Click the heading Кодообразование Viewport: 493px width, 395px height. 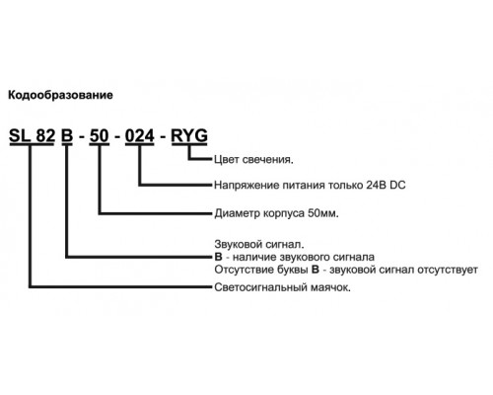(x=60, y=96)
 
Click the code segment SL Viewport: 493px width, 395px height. (x=20, y=135)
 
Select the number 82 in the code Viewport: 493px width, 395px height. (x=45, y=135)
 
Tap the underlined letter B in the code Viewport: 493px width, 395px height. (x=67, y=135)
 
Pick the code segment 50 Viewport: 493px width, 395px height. (x=100, y=135)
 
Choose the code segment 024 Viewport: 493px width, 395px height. (x=140, y=135)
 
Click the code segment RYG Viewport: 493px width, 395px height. (x=189, y=135)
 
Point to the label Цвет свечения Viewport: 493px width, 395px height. (x=253, y=160)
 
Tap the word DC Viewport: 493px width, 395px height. (x=397, y=185)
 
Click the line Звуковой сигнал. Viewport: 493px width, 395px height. (x=259, y=245)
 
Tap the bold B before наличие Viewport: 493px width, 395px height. (x=218, y=257)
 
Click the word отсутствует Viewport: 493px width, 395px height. (x=448, y=270)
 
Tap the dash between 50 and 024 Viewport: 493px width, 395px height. (x=117, y=137)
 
